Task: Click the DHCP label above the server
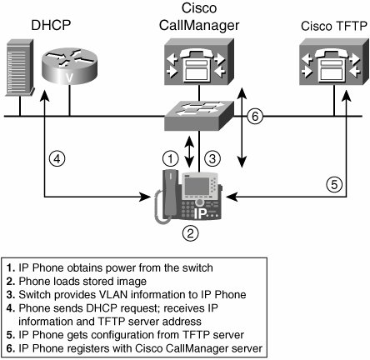(51, 25)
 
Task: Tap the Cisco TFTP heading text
(334, 27)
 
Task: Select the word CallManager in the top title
(199, 26)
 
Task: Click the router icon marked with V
(69, 66)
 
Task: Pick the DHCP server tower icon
(20, 67)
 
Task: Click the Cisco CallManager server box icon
(199, 62)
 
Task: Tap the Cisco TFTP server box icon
(334, 62)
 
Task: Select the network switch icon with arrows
(199, 115)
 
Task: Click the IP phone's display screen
(197, 186)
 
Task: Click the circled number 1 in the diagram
(171, 158)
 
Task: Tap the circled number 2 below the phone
(190, 232)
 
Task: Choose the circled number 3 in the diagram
(212, 158)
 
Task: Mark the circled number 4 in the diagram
(57, 159)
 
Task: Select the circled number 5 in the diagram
(334, 184)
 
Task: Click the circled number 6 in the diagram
(255, 116)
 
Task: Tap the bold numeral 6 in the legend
(11, 348)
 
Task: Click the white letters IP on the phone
(201, 213)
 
